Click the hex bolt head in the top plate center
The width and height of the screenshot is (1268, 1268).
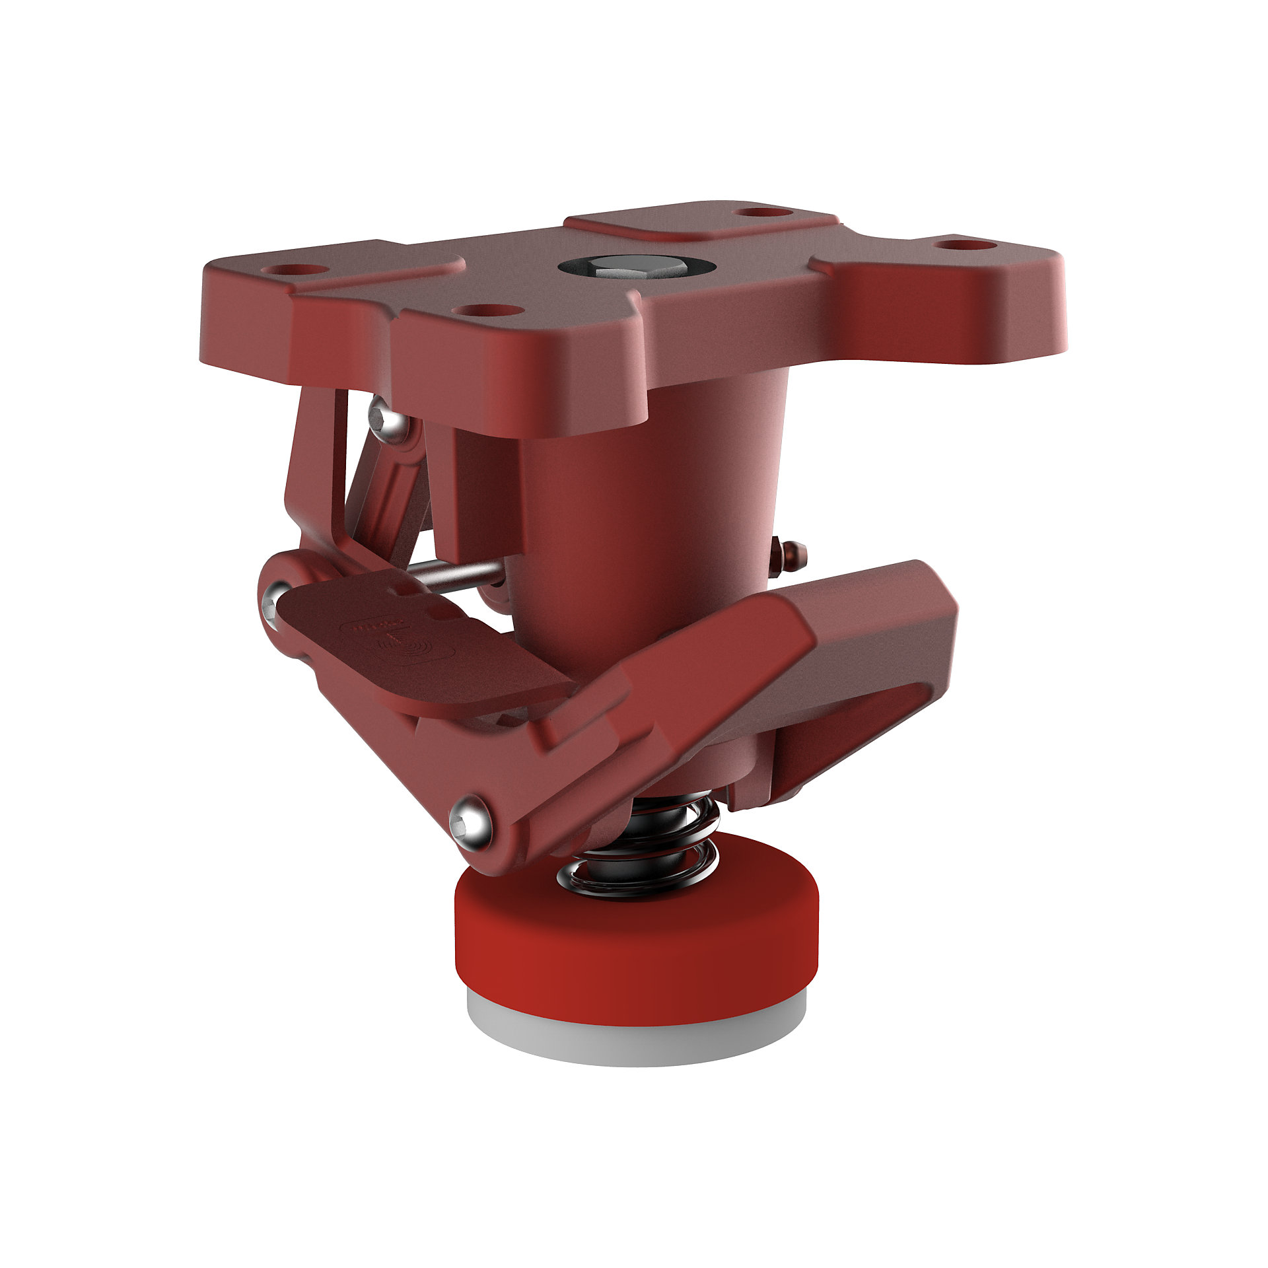point(636,268)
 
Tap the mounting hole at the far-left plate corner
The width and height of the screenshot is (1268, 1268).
point(295,270)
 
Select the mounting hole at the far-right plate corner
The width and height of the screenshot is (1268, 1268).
point(964,244)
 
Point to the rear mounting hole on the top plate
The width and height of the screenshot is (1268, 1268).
point(763,212)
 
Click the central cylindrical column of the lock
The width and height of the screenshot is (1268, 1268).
point(647,528)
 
